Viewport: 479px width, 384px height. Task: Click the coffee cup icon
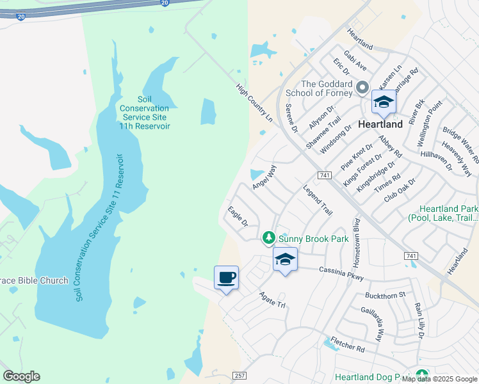(x=225, y=278)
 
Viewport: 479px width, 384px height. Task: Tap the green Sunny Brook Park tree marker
(x=270, y=238)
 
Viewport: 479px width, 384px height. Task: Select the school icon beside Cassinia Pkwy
(x=285, y=259)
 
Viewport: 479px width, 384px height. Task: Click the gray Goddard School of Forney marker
(x=362, y=88)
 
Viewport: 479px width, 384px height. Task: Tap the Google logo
(x=21, y=376)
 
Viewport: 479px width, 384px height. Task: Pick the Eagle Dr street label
(x=238, y=217)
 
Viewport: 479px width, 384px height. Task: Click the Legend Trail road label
(x=318, y=200)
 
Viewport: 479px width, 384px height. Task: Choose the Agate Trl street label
(x=272, y=300)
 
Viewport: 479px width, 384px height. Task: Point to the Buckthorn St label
(x=385, y=295)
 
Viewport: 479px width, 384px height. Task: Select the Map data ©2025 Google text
(x=439, y=379)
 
